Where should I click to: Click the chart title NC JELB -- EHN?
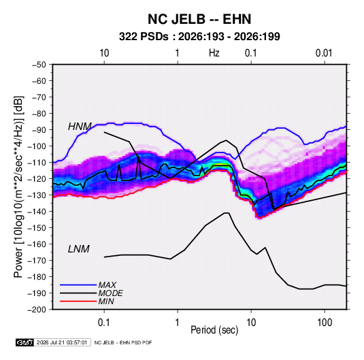(199, 19)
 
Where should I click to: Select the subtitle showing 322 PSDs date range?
(199, 37)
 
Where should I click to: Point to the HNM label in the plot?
(80, 127)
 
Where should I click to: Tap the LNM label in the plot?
(79, 249)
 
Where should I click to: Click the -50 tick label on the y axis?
(39, 65)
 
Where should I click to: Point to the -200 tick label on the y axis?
(37, 310)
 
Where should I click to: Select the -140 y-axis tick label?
(37, 212)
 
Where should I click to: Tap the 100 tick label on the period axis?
(325, 323)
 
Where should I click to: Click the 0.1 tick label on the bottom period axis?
(104, 323)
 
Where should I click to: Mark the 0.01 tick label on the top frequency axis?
(324, 53)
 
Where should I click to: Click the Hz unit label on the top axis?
(214, 53)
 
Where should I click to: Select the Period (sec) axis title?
(214, 330)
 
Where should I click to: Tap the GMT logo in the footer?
(24, 342)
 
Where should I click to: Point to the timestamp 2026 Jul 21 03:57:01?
(62, 342)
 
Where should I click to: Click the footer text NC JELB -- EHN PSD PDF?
(123, 342)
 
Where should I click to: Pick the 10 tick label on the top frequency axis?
(104, 53)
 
